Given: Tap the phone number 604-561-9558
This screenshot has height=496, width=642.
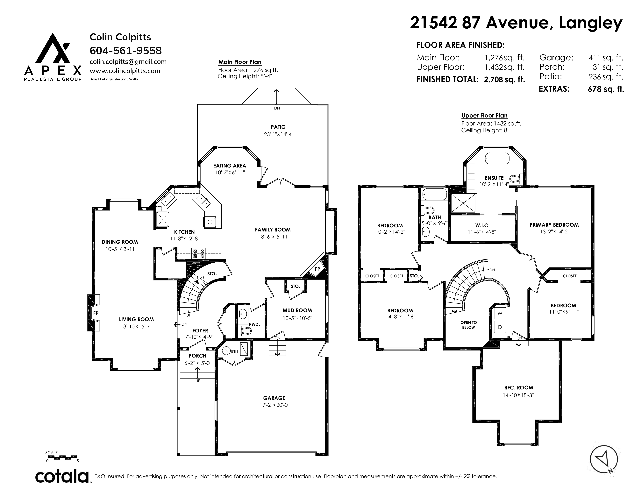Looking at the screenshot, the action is click(x=125, y=51).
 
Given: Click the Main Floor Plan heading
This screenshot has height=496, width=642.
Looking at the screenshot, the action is click(x=240, y=62).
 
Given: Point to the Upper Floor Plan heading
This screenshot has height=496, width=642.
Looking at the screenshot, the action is click(x=484, y=116).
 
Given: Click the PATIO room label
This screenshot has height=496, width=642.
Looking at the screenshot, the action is click(x=278, y=127).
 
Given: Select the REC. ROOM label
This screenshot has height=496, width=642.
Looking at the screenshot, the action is click(x=518, y=388).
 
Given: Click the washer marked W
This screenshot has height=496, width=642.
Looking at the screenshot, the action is click(x=500, y=314).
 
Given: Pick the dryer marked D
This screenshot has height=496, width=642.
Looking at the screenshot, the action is click(x=500, y=327).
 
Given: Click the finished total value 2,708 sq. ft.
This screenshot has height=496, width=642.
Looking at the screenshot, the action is click(x=504, y=79).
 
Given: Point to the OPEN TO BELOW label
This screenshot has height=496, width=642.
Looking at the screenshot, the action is click(x=469, y=325).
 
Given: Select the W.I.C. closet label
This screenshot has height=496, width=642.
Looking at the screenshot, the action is click(x=482, y=225).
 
